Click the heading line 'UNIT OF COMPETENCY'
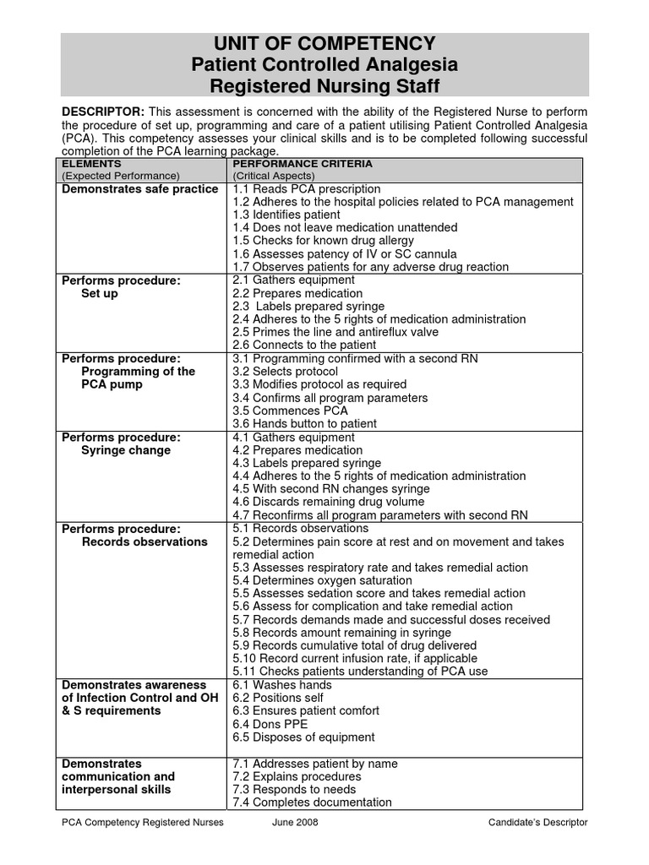click(x=324, y=44)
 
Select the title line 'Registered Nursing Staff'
click(x=324, y=85)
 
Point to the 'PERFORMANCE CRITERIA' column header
click(x=302, y=163)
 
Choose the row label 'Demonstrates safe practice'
click(x=139, y=189)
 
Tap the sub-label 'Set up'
click(x=100, y=294)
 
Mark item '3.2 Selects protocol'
click(x=285, y=372)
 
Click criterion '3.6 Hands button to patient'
click(x=304, y=423)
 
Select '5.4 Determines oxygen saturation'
click(x=322, y=580)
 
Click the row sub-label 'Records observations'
click(x=144, y=541)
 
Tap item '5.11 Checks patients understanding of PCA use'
click(x=359, y=672)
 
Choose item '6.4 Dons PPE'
click(x=270, y=724)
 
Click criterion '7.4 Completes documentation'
click(x=312, y=802)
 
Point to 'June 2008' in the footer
click(x=296, y=823)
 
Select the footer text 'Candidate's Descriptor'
click(x=537, y=823)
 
